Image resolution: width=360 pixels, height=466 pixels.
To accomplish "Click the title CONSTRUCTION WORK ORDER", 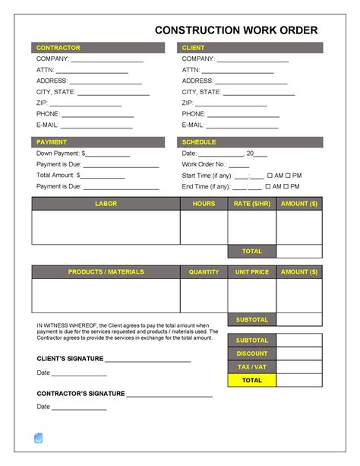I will (236, 30).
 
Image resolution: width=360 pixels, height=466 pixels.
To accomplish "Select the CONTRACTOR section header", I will (58, 48).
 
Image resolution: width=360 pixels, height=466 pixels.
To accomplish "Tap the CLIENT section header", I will (194, 48).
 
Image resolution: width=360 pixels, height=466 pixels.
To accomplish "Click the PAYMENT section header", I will (52, 142).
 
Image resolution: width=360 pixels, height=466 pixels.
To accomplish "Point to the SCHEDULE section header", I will (199, 142).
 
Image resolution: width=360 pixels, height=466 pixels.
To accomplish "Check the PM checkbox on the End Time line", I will (288, 186).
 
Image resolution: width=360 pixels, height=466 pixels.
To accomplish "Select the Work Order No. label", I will (204, 164).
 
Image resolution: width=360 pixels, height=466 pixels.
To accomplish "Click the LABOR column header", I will (106, 204).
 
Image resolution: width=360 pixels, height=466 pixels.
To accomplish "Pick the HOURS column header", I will (204, 204).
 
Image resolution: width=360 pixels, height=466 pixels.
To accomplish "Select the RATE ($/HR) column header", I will (251, 204).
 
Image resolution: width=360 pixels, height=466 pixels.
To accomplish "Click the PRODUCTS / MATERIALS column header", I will (106, 271).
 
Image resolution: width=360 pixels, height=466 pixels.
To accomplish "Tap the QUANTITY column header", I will (204, 271).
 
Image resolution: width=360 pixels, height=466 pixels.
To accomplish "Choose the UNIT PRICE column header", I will (251, 271).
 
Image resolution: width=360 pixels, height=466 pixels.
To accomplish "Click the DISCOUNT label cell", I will (251, 353).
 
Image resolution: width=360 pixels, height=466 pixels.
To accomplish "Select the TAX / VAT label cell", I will (251, 367).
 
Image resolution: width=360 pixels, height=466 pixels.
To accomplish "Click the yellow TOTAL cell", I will (251, 380).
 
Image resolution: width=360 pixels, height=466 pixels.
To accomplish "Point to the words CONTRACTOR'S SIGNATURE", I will (81, 394).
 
